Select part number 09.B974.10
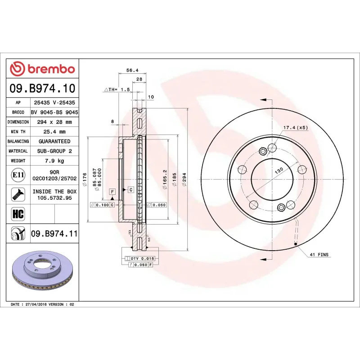coord(42,89)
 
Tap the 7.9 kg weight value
coord(54,161)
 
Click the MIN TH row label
coord(18,132)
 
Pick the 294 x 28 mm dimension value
coord(54,122)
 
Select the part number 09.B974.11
coord(54,234)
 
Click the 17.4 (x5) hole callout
coord(295,128)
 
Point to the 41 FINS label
coord(319,255)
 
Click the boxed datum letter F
coord(112,192)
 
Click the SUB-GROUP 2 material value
coord(54,151)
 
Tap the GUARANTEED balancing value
coord(54,141)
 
